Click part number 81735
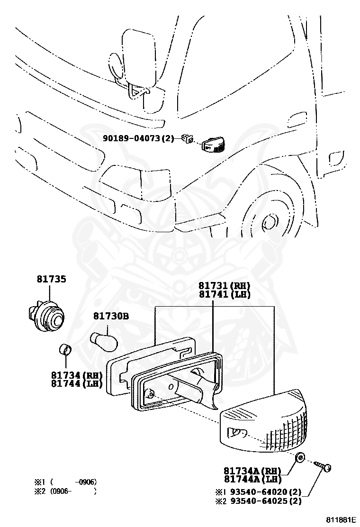(51, 279)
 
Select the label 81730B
(110, 316)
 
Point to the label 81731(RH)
(224, 286)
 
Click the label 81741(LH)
(224, 294)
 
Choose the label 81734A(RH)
(252, 471)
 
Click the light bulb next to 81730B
(104, 339)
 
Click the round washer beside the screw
(299, 458)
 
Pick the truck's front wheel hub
(270, 222)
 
